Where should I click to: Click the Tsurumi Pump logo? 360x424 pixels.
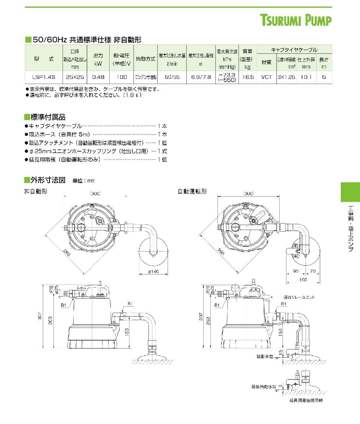pos(296,20)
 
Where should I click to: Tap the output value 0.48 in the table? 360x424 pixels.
pos(98,77)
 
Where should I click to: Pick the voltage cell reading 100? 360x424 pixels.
pos(121,77)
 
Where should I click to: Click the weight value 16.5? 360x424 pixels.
pos(248,77)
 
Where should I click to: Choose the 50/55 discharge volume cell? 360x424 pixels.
pos(172,77)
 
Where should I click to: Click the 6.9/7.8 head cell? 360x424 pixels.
pos(201,77)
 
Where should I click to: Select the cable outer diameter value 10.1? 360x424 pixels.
pos(306,77)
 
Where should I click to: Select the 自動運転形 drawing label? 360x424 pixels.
pos(192,192)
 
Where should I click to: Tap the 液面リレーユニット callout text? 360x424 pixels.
pos(299,298)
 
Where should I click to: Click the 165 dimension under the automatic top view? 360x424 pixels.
pos(303,279)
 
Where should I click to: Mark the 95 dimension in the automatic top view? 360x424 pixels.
pos(296,271)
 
